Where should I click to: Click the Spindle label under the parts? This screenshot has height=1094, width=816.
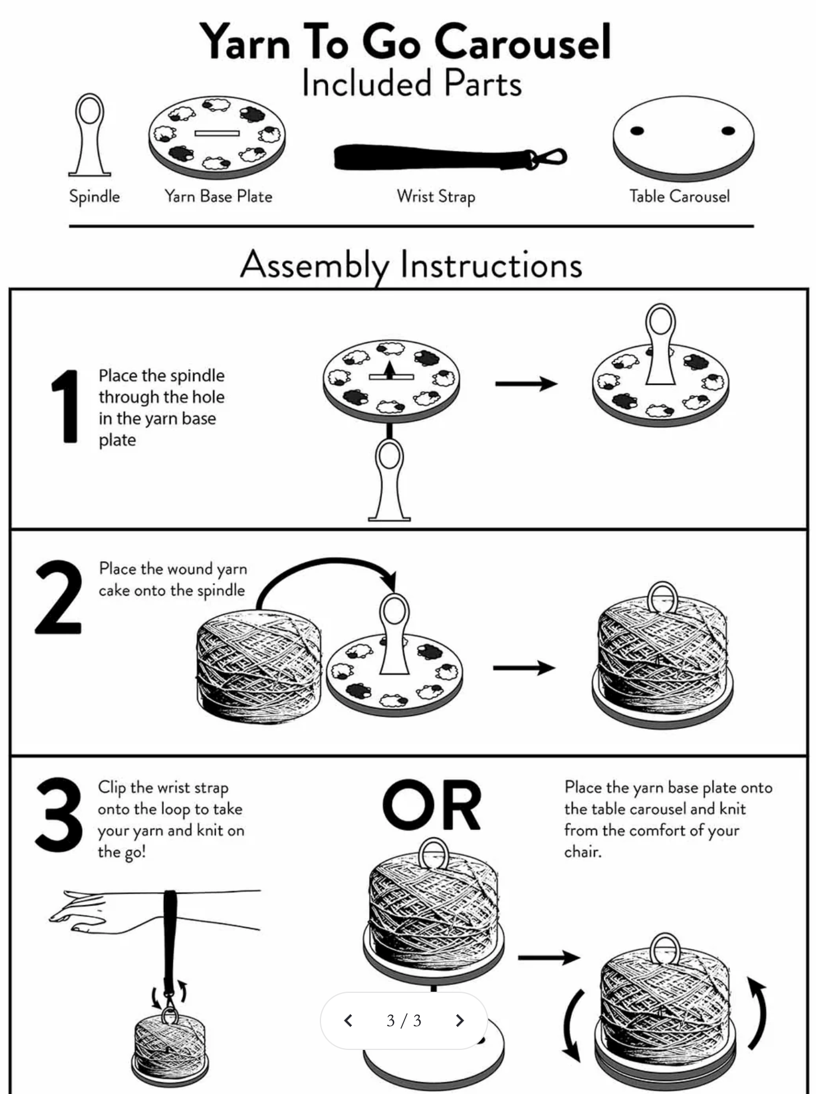(94, 197)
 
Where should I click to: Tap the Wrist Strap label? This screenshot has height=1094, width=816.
(436, 197)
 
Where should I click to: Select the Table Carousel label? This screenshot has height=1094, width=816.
(679, 197)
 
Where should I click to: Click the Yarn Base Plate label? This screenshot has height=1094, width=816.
(218, 197)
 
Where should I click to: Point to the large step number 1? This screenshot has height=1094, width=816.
(66, 406)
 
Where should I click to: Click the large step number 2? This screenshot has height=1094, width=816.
(58, 597)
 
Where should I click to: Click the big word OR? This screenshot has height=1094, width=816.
(432, 805)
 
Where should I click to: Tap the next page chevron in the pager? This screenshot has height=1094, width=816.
(459, 1020)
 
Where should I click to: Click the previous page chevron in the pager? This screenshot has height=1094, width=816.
(349, 1020)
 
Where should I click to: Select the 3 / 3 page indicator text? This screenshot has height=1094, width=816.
(404, 1020)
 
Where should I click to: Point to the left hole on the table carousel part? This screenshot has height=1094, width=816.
(637, 131)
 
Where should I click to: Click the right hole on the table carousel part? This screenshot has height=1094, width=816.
(728, 131)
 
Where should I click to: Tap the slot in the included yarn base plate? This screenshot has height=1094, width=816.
(218, 133)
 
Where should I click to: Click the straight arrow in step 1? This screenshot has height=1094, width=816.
(526, 384)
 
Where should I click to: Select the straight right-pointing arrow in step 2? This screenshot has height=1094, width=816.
(524, 668)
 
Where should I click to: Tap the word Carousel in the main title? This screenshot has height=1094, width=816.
(523, 42)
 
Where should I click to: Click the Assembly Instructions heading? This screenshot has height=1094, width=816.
(411, 264)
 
